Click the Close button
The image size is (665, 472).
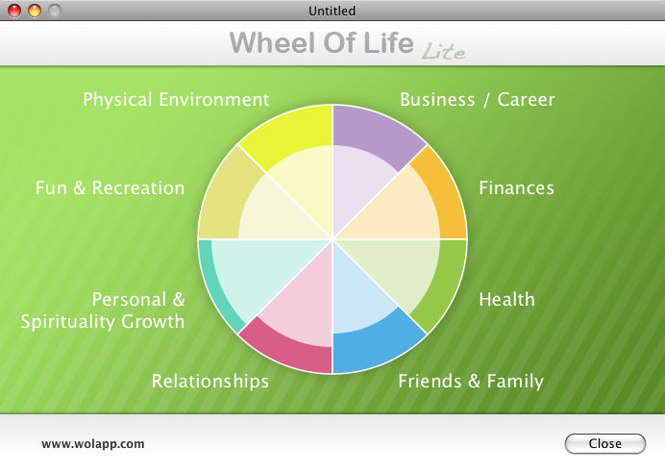[605, 443]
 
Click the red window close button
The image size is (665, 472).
[14, 11]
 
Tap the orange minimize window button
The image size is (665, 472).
[35, 11]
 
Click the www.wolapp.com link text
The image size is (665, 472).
[93, 444]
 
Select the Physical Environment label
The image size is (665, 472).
[176, 100]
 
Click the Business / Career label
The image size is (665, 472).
[478, 100]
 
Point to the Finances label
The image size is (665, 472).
[517, 187]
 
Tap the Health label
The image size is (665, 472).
[506, 299]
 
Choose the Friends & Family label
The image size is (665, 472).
[471, 382]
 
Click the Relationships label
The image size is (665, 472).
[210, 382]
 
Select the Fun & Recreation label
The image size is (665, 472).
[110, 187]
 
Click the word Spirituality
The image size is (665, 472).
[67, 322]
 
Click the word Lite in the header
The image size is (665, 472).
[443, 51]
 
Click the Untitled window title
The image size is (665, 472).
[332, 11]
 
